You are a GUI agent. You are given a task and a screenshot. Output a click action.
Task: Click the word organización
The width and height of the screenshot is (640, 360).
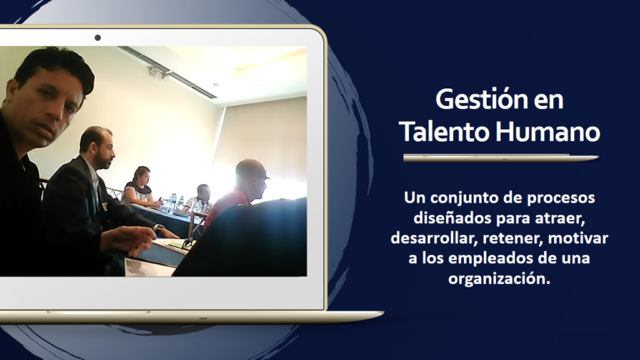(499, 279)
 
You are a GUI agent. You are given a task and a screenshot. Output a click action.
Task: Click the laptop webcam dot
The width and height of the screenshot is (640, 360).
(97, 37)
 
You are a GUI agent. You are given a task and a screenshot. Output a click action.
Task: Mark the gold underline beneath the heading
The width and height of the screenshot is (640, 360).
(501, 157)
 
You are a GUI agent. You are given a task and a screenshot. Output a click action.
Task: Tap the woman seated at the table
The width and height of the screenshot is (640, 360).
(140, 187)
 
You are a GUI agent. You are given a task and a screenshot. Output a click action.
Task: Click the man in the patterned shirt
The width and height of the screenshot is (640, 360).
(200, 199)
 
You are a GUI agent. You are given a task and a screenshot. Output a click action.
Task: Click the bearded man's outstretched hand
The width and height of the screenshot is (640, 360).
(128, 241)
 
